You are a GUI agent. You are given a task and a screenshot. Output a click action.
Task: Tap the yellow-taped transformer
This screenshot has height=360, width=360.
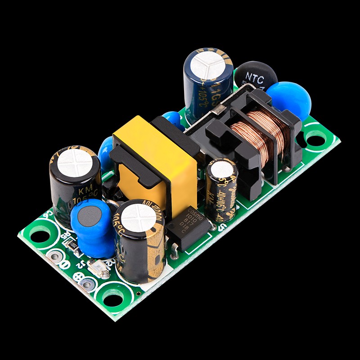[x=155, y=157]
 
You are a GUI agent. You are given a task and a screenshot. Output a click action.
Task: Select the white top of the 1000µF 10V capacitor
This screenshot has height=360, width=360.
[x=138, y=217]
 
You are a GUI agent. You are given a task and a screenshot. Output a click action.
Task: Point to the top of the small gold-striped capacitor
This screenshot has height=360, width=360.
[x=222, y=170]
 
